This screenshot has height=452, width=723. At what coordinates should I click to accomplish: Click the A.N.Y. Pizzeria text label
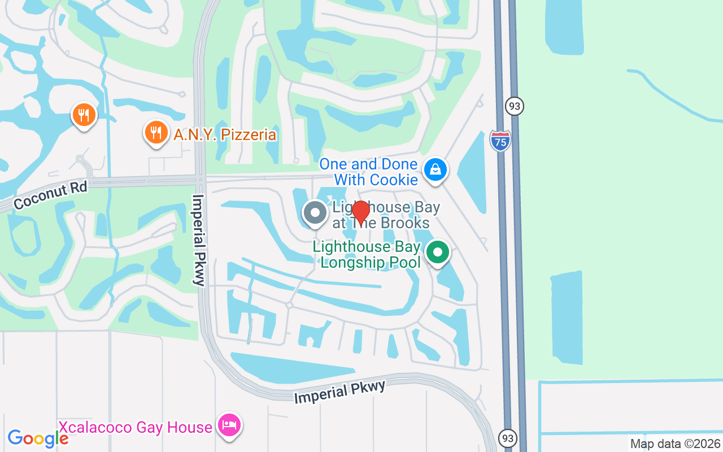(225, 135)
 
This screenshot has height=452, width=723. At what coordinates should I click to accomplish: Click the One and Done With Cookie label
(368, 172)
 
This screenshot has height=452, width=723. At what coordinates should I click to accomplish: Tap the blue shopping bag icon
(435, 169)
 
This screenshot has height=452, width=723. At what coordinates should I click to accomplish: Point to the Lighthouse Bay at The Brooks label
(386, 215)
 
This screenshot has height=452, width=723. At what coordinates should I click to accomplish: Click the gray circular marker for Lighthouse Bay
(315, 214)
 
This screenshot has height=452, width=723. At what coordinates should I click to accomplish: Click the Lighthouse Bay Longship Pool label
(367, 254)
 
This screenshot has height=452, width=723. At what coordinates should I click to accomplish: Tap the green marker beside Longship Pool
(437, 252)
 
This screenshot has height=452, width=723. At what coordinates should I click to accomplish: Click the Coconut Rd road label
(50, 195)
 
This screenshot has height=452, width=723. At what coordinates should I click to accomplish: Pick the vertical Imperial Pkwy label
(198, 240)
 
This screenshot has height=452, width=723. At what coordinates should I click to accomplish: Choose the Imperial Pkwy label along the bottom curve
(339, 392)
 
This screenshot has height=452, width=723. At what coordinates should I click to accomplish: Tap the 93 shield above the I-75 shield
(515, 106)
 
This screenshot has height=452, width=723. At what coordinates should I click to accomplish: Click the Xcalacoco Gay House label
(136, 427)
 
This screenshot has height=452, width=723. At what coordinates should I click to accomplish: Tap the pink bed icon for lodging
(229, 425)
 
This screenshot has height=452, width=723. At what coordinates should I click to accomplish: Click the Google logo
(38, 438)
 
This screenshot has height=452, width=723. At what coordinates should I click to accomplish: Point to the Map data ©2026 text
(675, 444)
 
